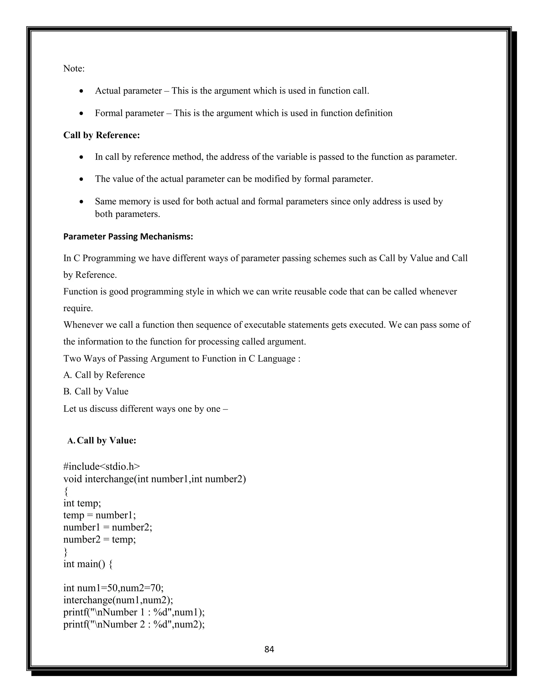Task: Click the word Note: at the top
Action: click(x=74, y=69)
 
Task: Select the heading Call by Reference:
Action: click(x=101, y=135)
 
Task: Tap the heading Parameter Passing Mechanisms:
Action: click(x=128, y=236)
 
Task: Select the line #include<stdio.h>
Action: click(x=101, y=467)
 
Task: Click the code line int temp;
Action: click(x=82, y=503)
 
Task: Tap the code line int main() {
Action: click(x=88, y=564)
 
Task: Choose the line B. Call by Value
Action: click(x=96, y=391)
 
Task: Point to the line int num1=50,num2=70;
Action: click(x=113, y=588)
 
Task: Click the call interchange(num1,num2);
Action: click(x=118, y=600)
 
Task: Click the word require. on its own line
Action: click(x=78, y=308)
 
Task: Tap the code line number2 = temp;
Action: click(x=100, y=539)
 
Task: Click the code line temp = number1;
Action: click(x=100, y=515)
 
